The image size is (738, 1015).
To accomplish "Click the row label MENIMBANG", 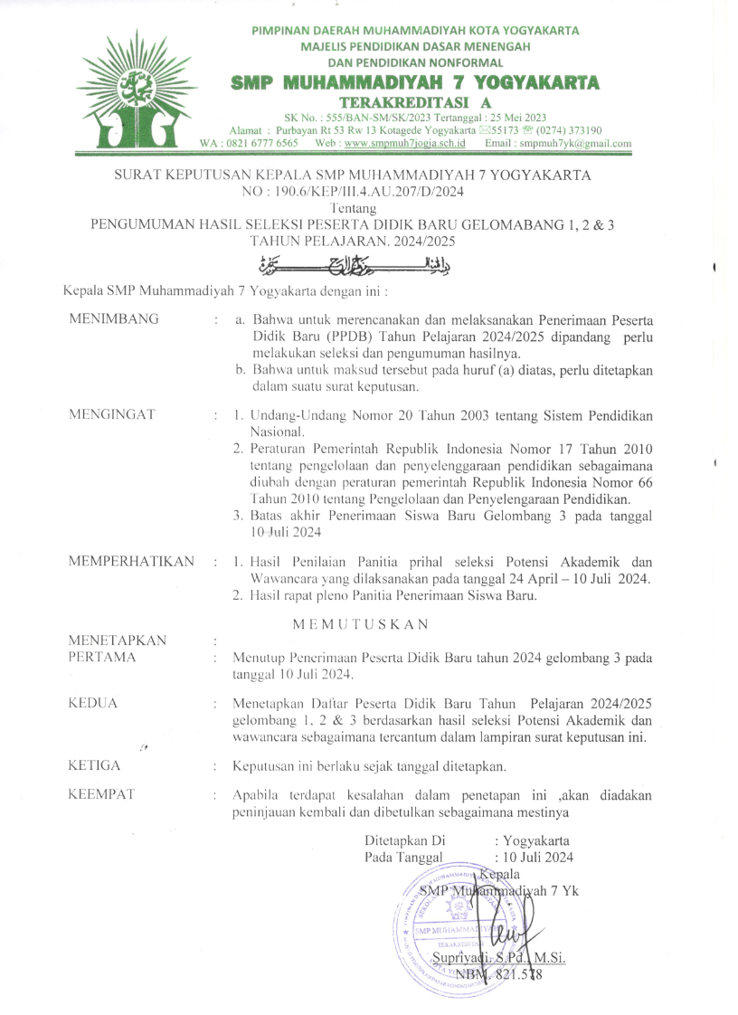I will click(x=114, y=318).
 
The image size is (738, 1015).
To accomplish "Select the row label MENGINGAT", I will click(x=112, y=414).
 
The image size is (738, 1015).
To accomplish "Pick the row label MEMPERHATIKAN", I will click(x=131, y=562).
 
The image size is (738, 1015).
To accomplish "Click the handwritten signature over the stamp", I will click(x=525, y=932).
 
